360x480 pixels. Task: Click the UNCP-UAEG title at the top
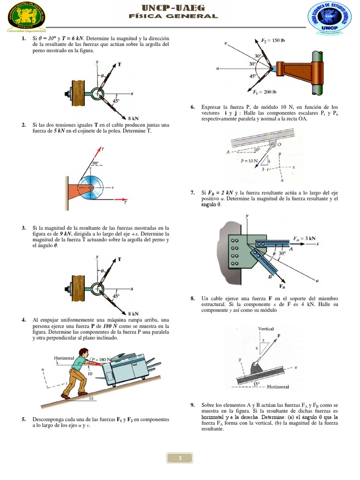coord(173,7)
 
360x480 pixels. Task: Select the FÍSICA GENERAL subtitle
coord(173,16)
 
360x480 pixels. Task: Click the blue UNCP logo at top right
coord(329,17)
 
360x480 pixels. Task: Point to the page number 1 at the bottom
coord(180,458)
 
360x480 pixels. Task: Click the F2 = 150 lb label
coord(273,40)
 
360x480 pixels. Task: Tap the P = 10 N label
coord(249,161)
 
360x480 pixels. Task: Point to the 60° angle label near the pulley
coord(96,163)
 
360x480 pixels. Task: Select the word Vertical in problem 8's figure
coord(266,329)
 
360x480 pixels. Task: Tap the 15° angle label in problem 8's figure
coord(256,383)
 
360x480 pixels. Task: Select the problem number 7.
coord(193,193)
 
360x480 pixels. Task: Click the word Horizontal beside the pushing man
coord(64,358)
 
